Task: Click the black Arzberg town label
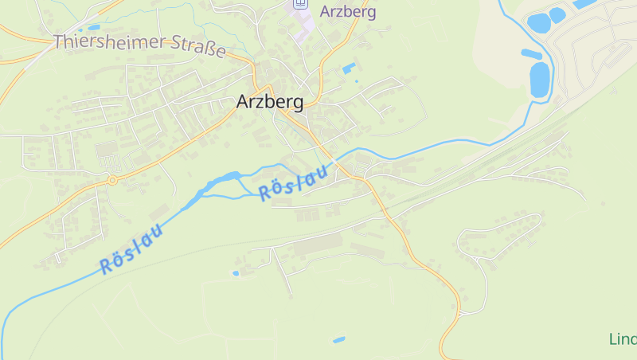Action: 270,102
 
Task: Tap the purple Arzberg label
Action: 348,11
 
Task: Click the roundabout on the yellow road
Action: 112,180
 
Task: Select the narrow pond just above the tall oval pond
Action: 531,54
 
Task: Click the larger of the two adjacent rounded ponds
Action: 538,23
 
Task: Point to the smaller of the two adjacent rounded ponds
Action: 557,14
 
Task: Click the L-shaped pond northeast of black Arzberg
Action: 349,68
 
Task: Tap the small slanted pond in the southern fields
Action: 339,340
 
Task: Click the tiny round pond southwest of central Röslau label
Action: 236,273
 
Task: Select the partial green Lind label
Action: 623,339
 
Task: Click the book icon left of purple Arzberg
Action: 300,3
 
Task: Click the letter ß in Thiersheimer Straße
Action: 209,46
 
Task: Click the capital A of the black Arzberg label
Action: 243,102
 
